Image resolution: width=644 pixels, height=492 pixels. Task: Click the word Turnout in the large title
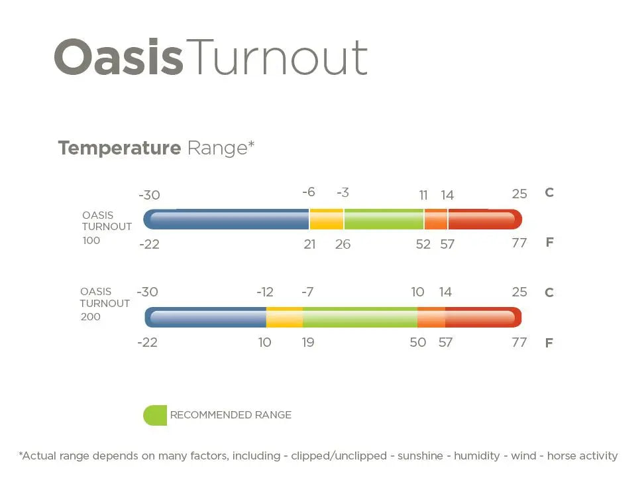(276, 57)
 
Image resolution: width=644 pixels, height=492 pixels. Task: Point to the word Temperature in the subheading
(119, 148)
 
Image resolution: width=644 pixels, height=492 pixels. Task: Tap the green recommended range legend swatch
(155, 415)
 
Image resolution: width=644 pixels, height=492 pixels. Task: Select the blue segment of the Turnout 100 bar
(226, 219)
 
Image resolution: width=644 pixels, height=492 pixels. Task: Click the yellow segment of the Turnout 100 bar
(327, 219)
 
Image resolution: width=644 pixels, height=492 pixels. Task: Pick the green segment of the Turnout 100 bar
(384, 219)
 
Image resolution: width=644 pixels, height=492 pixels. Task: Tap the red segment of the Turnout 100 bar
(485, 219)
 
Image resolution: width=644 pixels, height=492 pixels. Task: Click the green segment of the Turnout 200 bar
(360, 318)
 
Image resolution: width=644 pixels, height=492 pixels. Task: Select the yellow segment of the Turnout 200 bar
(285, 318)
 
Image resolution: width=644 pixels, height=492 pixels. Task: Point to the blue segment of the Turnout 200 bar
(205, 318)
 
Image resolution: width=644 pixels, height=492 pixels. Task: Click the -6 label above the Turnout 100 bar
(309, 192)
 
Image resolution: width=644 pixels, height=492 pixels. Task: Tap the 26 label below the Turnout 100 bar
(343, 245)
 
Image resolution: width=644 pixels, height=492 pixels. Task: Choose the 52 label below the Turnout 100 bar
(423, 245)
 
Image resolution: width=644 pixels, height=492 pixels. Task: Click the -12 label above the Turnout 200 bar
(265, 292)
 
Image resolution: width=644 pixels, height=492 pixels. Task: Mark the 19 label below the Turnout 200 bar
(308, 342)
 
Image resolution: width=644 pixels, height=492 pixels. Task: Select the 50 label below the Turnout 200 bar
(417, 342)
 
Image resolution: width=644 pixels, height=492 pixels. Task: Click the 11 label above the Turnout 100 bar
(423, 195)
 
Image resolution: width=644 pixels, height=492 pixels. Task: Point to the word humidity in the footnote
(477, 456)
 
